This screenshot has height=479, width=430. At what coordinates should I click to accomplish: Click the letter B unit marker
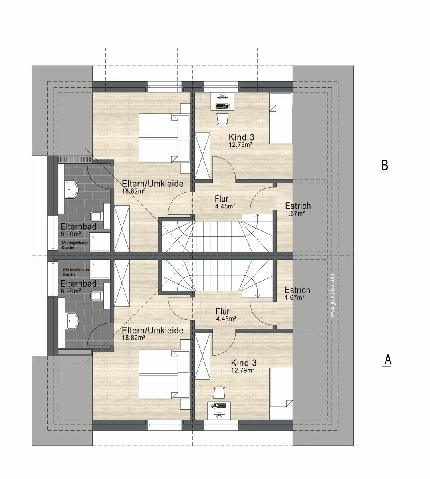pyautogui.click(x=385, y=166)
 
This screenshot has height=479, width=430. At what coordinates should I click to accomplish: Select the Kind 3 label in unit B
pyautogui.click(x=241, y=137)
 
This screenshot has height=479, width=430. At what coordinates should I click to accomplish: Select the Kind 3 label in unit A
pyautogui.click(x=244, y=363)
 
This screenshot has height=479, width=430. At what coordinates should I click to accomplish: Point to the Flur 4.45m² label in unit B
pyautogui.click(x=225, y=202)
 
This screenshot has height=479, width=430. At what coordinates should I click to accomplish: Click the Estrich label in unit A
pyautogui.click(x=297, y=290)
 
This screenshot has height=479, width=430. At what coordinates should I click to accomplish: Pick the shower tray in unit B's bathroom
pyautogui.click(x=100, y=242)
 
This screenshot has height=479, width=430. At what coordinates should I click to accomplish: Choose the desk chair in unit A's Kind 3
pyautogui.click(x=220, y=393)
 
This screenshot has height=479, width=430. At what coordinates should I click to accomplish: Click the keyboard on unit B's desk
pyautogui.click(x=222, y=107)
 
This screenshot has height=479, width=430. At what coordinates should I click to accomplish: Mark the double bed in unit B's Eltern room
pyautogui.click(x=164, y=138)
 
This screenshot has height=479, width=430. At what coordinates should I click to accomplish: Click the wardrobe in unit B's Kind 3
pyautogui.click(x=202, y=156)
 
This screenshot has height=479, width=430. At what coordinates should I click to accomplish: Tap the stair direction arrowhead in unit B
pyautogui.click(x=257, y=216)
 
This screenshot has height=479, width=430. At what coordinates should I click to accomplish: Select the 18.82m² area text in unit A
pyautogui.click(x=134, y=338)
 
